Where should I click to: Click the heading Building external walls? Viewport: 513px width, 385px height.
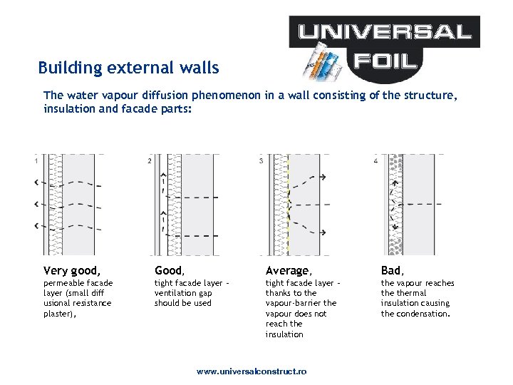pos(128,68)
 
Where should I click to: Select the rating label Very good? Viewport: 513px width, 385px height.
pos(72,270)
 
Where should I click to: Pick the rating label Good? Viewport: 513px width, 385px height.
pos(170,270)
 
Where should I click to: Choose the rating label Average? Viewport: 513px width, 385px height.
pos(289,270)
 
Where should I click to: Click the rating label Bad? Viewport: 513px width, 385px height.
pos(393,270)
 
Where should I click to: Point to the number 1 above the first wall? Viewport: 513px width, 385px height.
pos(36,161)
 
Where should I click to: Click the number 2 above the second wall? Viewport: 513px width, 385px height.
pos(149,161)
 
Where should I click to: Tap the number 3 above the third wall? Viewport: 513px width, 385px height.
pos(261,161)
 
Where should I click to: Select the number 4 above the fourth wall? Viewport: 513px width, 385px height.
pos(375,161)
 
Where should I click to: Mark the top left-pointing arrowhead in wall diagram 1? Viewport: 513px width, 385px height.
pos(36,182)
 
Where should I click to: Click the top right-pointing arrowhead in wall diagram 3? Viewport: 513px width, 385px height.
pos(323,176)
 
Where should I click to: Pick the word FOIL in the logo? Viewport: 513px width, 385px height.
pos(384,61)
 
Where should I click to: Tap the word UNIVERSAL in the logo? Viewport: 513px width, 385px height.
pos(385,31)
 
